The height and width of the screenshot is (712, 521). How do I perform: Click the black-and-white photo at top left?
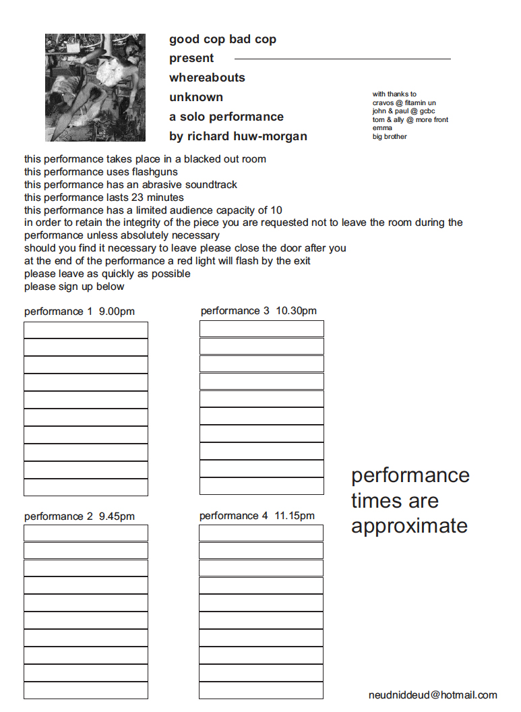[x=95, y=88]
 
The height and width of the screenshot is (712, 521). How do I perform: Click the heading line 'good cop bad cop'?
[x=222, y=39]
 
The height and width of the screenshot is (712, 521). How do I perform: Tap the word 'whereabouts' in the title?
[x=207, y=78]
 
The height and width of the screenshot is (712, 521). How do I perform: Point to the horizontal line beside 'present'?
[x=342, y=59]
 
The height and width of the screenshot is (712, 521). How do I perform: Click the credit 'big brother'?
[x=390, y=137]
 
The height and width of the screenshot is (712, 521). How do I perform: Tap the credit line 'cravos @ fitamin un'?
[x=404, y=103]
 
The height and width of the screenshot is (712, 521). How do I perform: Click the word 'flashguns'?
[x=154, y=172]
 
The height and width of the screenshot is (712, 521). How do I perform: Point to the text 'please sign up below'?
[x=74, y=287]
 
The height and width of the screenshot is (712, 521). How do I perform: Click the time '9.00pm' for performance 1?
[x=117, y=311]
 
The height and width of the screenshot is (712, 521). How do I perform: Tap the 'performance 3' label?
[x=235, y=311]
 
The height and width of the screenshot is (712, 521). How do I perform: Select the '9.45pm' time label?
[x=117, y=516]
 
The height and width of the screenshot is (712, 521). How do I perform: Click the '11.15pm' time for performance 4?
[x=294, y=516]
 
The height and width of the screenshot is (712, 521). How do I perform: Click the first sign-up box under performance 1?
[x=86, y=330]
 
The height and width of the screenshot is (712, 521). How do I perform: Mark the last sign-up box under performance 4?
[x=261, y=690]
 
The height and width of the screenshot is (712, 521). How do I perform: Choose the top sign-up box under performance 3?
[x=262, y=329]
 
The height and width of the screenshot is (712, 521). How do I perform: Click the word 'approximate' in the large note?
[x=409, y=526]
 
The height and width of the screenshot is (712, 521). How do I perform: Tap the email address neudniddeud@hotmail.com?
[x=433, y=695]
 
